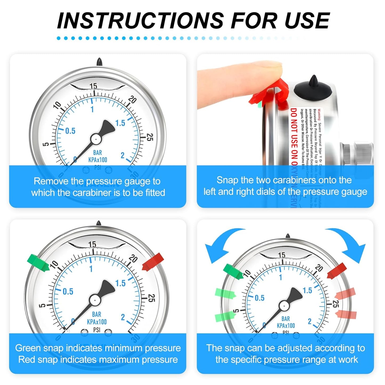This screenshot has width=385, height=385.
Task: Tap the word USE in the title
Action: point(307,21)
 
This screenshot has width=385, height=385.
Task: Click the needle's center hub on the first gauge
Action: point(95,139)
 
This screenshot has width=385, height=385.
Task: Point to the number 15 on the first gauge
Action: point(93,86)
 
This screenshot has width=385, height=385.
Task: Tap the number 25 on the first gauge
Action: point(150,137)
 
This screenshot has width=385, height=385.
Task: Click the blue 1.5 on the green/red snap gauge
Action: point(120,283)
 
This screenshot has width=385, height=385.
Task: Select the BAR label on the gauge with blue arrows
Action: point(286,319)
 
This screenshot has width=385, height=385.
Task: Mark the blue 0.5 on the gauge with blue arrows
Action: point(260,298)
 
